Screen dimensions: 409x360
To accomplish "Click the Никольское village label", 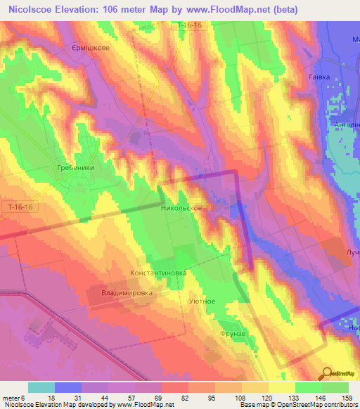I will tap(181, 209).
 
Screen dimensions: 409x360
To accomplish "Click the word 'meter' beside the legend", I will tap(12, 398).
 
